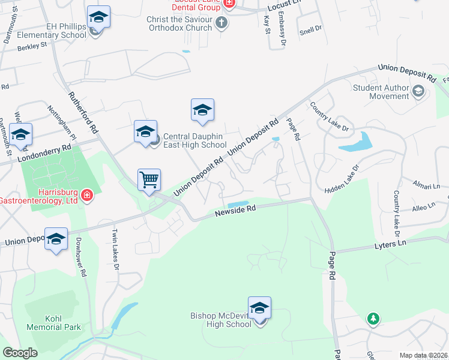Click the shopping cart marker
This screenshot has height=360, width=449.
(149, 179)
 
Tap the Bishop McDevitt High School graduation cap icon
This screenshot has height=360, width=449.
(259, 308)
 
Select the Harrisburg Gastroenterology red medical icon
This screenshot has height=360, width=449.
(86, 196)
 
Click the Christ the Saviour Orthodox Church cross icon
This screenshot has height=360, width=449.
(221, 23)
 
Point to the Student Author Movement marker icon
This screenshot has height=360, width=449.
(418, 92)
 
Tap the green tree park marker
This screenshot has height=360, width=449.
(373, 318)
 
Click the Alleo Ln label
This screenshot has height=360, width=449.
(423, 206)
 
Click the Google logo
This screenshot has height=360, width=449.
(20, 353)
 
